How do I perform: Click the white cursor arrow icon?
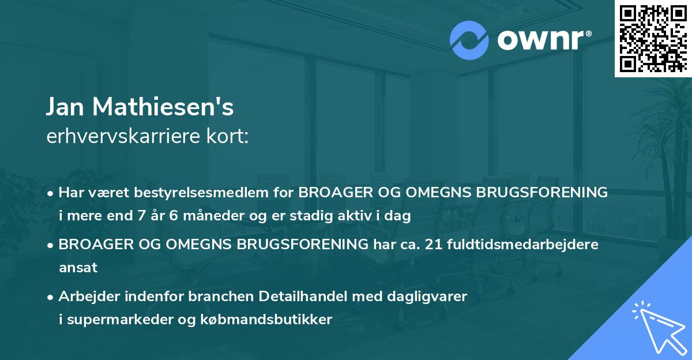tap(657, 327)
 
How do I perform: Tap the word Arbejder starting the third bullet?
tap(86, 297)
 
